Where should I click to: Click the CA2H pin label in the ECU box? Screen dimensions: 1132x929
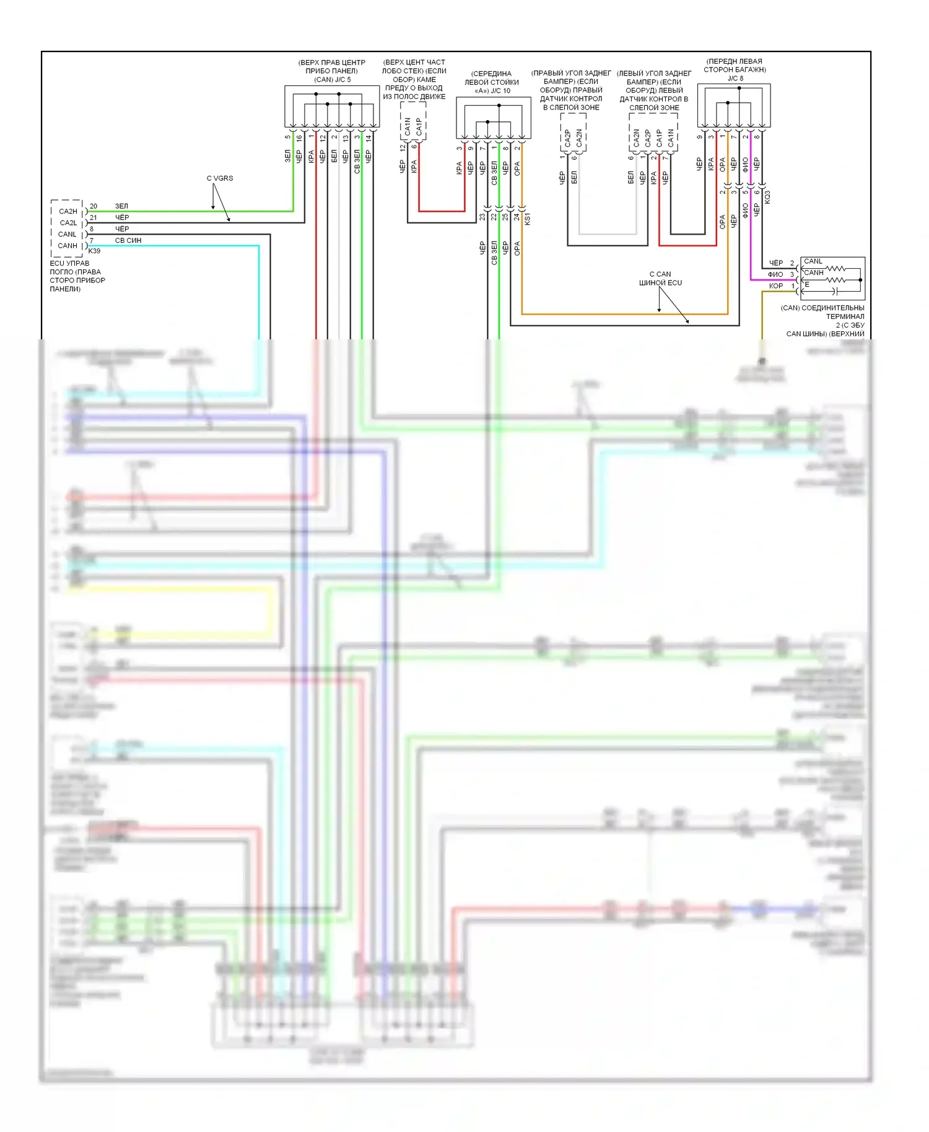tap(68, 211)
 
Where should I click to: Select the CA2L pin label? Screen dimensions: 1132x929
tap(68, 223)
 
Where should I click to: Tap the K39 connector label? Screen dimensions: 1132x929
tap(94, 251)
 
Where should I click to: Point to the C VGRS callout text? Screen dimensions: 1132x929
tap(220, 178)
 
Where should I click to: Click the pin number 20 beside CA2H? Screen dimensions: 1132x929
tap(94, 206)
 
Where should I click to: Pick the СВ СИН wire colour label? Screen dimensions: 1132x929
tap(128, 240)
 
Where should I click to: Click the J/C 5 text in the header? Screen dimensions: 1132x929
tap(340, 79)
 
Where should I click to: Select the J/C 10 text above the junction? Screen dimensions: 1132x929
tap(500, 91)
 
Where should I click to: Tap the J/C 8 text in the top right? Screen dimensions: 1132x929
tap(735, 79)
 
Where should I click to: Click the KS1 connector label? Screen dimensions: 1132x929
tap(528, 218)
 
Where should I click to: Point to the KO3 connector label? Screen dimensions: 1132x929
tap(767, 197)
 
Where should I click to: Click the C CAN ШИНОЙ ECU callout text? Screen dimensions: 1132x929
tap(660, 278)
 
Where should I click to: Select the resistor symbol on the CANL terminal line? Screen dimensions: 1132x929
tap(835, 268)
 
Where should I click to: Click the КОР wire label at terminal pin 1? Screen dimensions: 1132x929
tap(776, 286)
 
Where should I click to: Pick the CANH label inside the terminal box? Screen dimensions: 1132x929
tap(814, 272)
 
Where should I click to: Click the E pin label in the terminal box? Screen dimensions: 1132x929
tap(807, 285)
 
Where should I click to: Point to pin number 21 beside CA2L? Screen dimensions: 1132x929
tap(94, 217)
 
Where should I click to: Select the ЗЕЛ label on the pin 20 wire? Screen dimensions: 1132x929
tap(121, 206)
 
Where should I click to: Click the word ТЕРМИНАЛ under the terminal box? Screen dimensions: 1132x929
tap(845, 316)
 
